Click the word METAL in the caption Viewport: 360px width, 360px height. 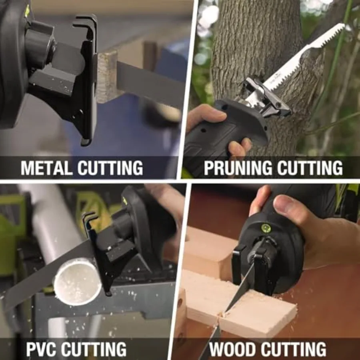pos(46,168)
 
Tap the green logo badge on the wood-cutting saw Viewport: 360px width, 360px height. pos(266,228)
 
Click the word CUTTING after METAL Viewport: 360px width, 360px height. pos(110,168)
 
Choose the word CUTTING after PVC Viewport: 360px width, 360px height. pos(94,349)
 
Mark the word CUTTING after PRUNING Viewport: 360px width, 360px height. pos(310,168)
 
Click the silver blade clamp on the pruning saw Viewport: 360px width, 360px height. pos(264,94)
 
